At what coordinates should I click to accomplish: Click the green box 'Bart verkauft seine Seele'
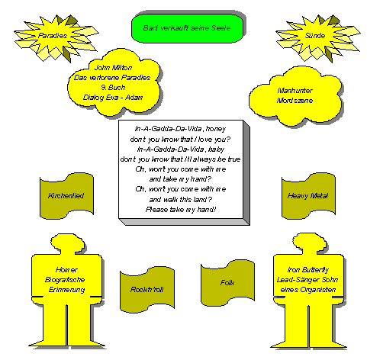pos(187,28)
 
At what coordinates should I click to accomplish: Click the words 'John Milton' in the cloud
pos(113,68)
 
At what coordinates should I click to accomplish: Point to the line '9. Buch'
pos(113,88)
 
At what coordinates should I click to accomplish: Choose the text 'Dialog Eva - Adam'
pos(113,98)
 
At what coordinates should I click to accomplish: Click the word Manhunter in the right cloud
pos(295,91)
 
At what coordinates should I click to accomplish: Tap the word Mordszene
pos(295,101)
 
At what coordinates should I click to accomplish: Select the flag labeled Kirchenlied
pos(66,196)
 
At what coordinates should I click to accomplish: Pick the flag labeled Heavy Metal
pos(308,196)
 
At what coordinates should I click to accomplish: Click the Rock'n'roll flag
pos(147,290)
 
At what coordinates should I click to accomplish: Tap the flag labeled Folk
pos(227,283)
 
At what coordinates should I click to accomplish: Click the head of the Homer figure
pos(68,243)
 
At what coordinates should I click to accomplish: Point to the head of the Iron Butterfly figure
pos(309,243)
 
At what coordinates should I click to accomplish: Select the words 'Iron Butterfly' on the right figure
pos(308,269)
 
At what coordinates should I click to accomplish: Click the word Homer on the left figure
pos(66,269)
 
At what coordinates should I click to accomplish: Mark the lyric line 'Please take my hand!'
pos(181,210)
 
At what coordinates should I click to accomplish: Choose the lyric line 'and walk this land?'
pos(181,199)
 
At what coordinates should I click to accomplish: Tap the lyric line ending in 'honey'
pos(180,129)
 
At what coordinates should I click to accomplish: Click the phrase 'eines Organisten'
pos(308,290)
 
